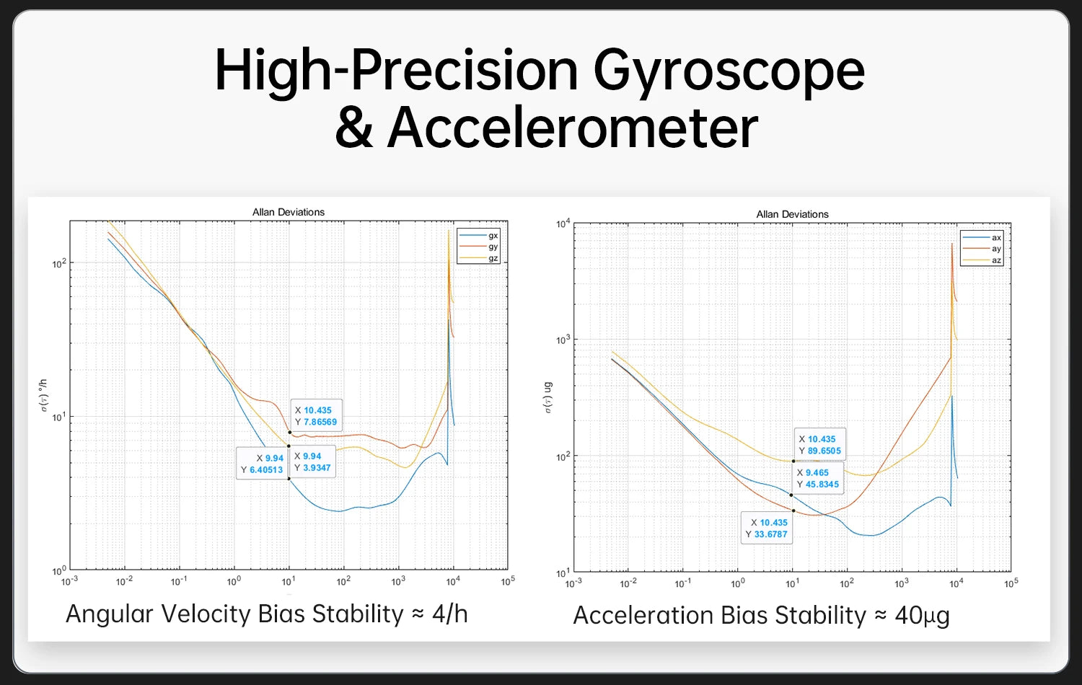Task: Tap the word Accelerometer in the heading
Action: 573,128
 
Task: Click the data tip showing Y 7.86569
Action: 316,416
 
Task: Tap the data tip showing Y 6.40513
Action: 262,464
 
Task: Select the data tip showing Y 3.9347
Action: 312,462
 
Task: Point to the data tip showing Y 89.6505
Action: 820,445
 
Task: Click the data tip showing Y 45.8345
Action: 818,478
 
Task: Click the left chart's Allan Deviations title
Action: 289,212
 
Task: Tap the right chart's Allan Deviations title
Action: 792,214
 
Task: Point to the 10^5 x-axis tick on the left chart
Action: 508,581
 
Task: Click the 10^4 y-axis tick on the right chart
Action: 563,224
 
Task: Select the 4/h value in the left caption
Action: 449,614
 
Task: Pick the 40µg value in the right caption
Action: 922,616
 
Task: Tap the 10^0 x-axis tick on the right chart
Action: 737,583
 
